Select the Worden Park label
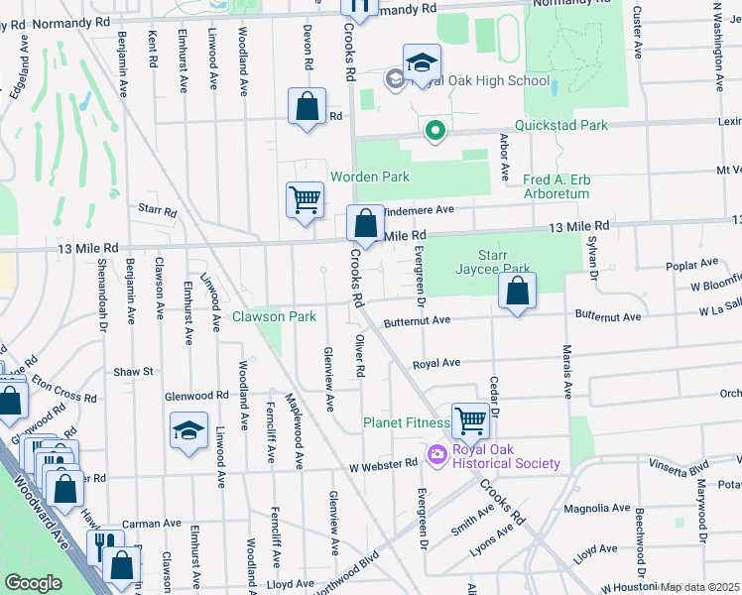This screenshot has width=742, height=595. (382, 177)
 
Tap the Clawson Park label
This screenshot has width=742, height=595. (274, 317)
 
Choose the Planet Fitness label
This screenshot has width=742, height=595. (406, 422)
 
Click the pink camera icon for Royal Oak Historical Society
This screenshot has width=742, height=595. (434, 454)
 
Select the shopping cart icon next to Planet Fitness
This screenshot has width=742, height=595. (469, 419)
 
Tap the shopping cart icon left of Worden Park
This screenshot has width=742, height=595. (305, 198)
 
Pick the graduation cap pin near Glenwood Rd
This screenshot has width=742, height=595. (188, 430)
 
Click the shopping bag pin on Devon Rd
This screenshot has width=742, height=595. (308, 105)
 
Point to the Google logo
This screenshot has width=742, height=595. (34, 583)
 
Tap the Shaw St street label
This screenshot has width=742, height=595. (133, 371)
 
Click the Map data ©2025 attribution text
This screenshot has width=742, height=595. (699, 587)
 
